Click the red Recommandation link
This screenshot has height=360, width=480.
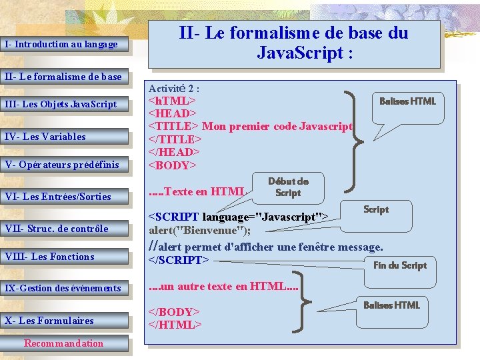(64, 343)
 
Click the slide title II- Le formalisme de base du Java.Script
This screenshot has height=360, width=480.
(294, 43)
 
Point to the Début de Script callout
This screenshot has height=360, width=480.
(288, 187)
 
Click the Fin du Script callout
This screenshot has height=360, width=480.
(399, 265)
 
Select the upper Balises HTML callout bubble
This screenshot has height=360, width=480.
(407, 101)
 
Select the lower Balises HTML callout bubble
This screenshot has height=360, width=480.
(391, 305)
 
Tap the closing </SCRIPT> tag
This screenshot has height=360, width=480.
(178, 259)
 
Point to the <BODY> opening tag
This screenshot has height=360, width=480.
(172, 165)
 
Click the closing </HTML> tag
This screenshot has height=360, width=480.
(174, 325)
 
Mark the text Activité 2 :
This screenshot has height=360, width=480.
(174, 88)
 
